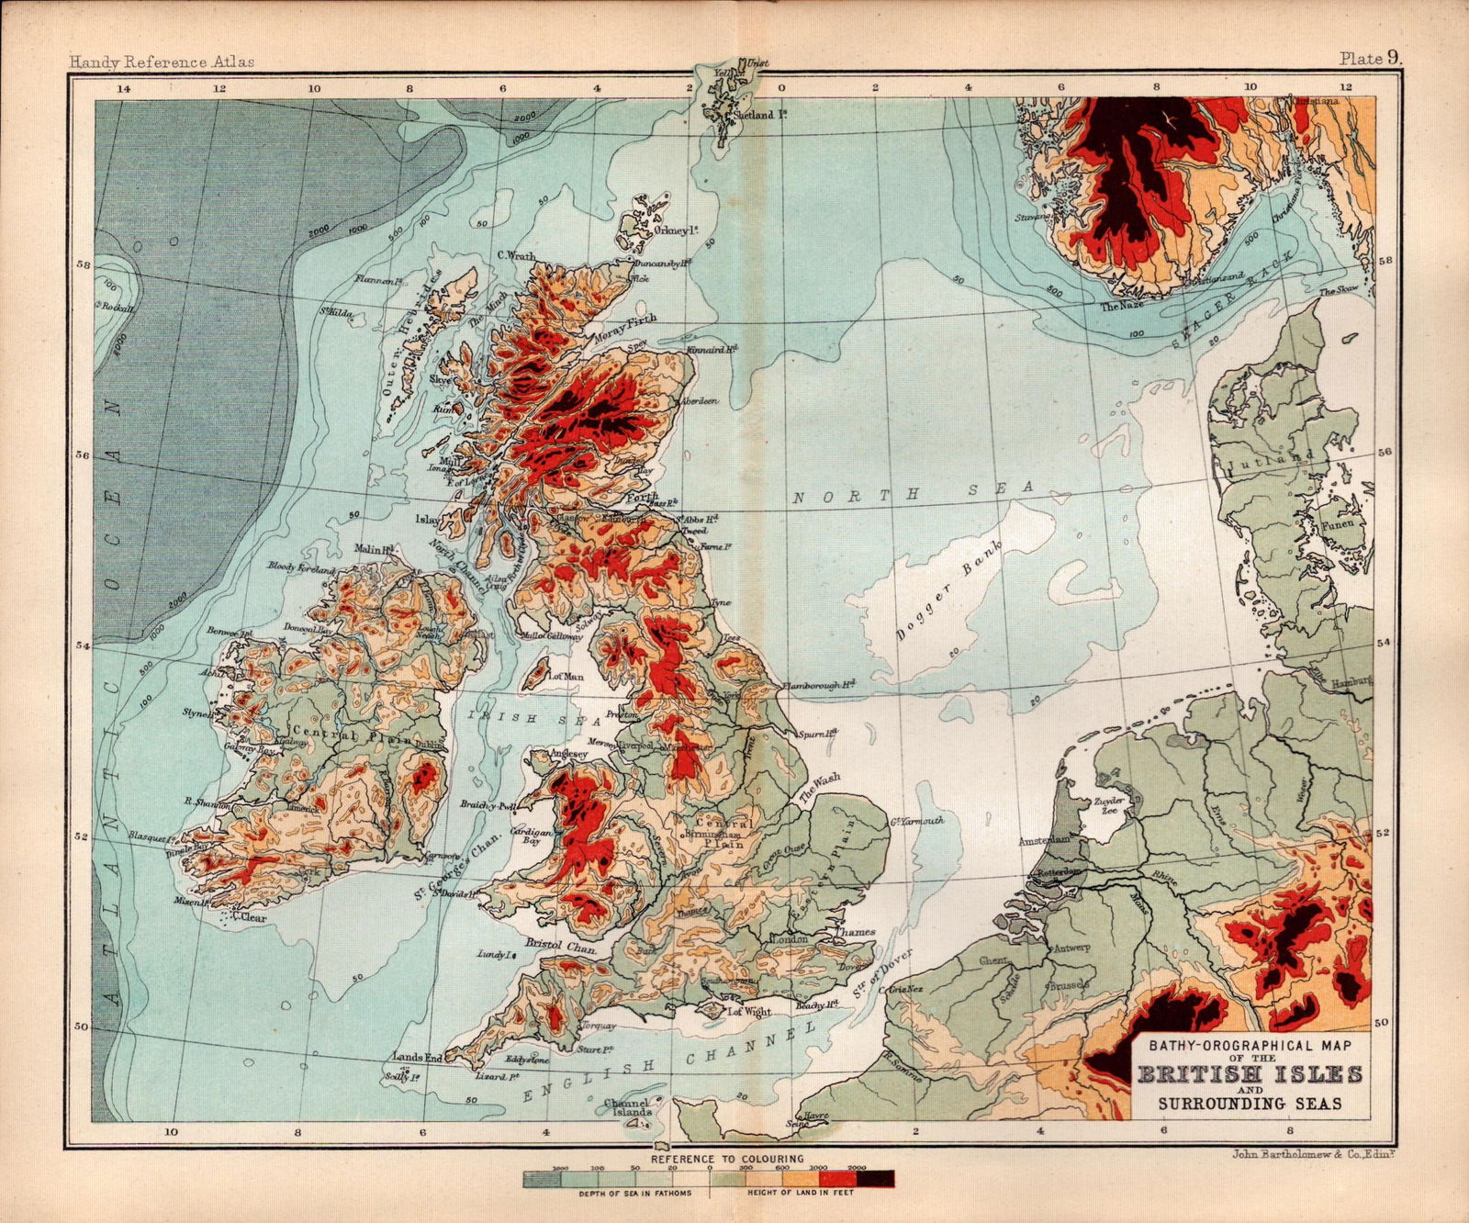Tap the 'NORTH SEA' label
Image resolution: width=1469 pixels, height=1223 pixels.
click(x=914, y=493)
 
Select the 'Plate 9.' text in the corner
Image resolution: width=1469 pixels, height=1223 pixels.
click(x=1372, y=59)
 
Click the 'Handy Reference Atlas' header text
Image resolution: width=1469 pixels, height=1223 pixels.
click(x=163, y=62)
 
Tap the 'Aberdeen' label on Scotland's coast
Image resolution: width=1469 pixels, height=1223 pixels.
click(x=699, y=402)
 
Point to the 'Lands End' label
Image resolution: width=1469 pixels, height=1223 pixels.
click(x=418, y=1058)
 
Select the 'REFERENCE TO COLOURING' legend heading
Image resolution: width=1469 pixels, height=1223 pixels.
click(x=727, y=1159)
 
